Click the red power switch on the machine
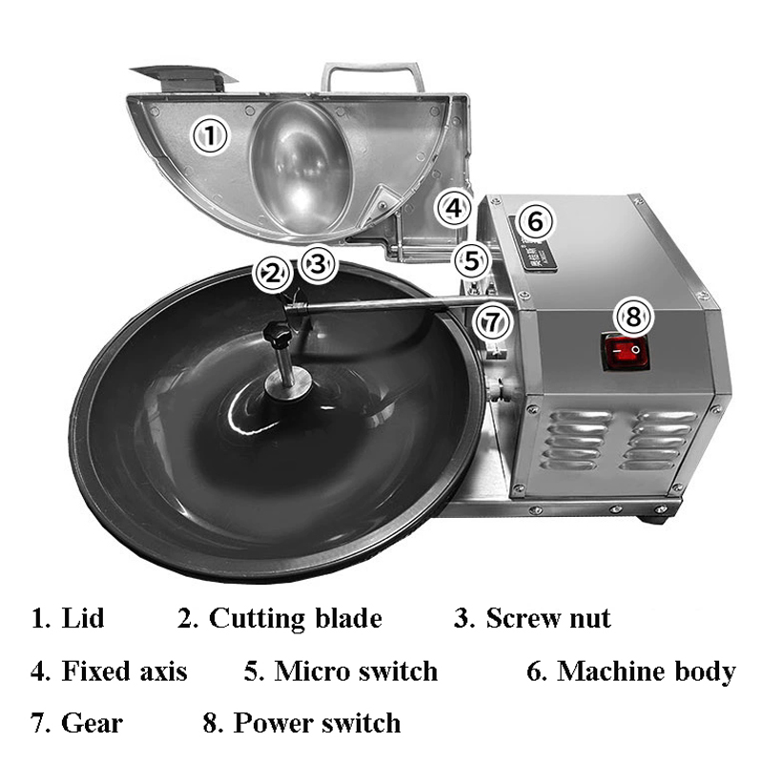(x=627, y=351)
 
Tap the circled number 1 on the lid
(x=210, y=135)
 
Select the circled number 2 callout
(x=273, y=274)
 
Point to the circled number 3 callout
(x=318, y=264)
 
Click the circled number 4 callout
(x=455, y=208)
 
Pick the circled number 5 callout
(x=472, y=260)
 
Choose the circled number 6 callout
(x=535, y=221)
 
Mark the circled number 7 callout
(x=493, y=322)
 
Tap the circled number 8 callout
(x=634, y=317)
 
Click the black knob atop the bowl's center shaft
(x=278, y=336)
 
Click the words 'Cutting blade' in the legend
(x=296, y=618)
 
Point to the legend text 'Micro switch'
(x=356, y=671)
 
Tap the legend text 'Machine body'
(x=647, y=671)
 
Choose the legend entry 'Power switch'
(x=318, y=723)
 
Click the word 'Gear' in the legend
(x=92, y=723)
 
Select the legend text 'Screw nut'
(x=548, y=618)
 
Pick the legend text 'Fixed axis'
(x=125, y=671)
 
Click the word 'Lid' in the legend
(x=83, y=618)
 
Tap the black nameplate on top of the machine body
(x=533, y=242)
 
